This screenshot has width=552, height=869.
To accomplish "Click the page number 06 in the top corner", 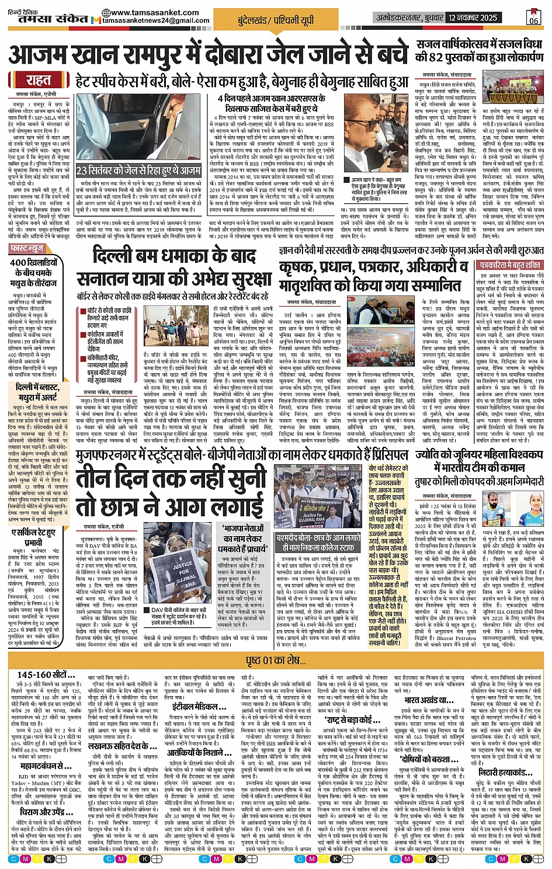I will click(533, 18).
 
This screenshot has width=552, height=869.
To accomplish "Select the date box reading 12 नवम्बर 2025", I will click(473, 18).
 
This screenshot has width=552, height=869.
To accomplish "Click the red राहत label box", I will click(39, 81).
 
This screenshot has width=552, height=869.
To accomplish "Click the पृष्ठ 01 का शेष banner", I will click(275, 661).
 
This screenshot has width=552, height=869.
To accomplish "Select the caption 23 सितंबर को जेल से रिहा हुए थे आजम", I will click(138, 171).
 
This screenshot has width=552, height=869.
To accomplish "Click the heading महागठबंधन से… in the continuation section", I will click(46, 766).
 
